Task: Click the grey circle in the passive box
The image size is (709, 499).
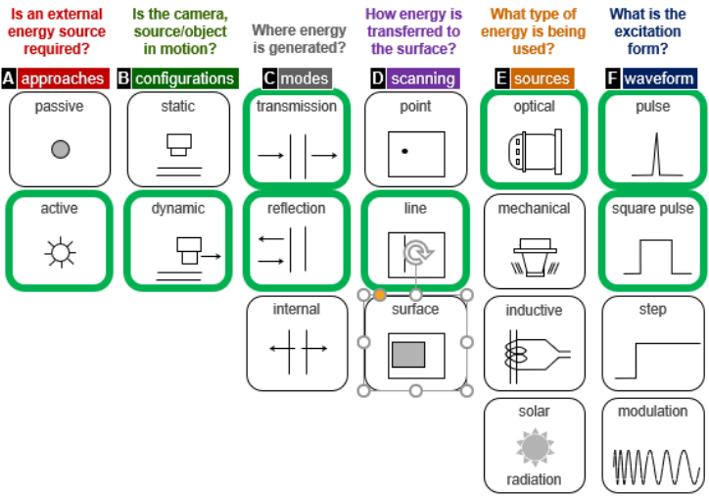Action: [x=60, y=149]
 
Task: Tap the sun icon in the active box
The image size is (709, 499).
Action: [x=60, y=253]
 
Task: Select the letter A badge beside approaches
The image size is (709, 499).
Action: [x=9, y=78]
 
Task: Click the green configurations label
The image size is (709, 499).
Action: [x=184, y=78]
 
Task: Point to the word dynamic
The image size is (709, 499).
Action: [x=178, y=208]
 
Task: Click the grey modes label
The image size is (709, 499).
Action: [x=305, y=78]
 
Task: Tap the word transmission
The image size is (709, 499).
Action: [x=297, y=106]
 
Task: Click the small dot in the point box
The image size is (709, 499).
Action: [x=404, y=150]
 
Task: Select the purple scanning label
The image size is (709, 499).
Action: [x=423, y=78]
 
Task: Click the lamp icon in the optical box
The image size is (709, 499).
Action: [x=534, y=149]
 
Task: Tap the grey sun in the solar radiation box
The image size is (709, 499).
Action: [x=535, y=447]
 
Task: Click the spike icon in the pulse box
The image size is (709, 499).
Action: [x=652, y=153]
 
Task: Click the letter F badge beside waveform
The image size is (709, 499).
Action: [x=613, y=78]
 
